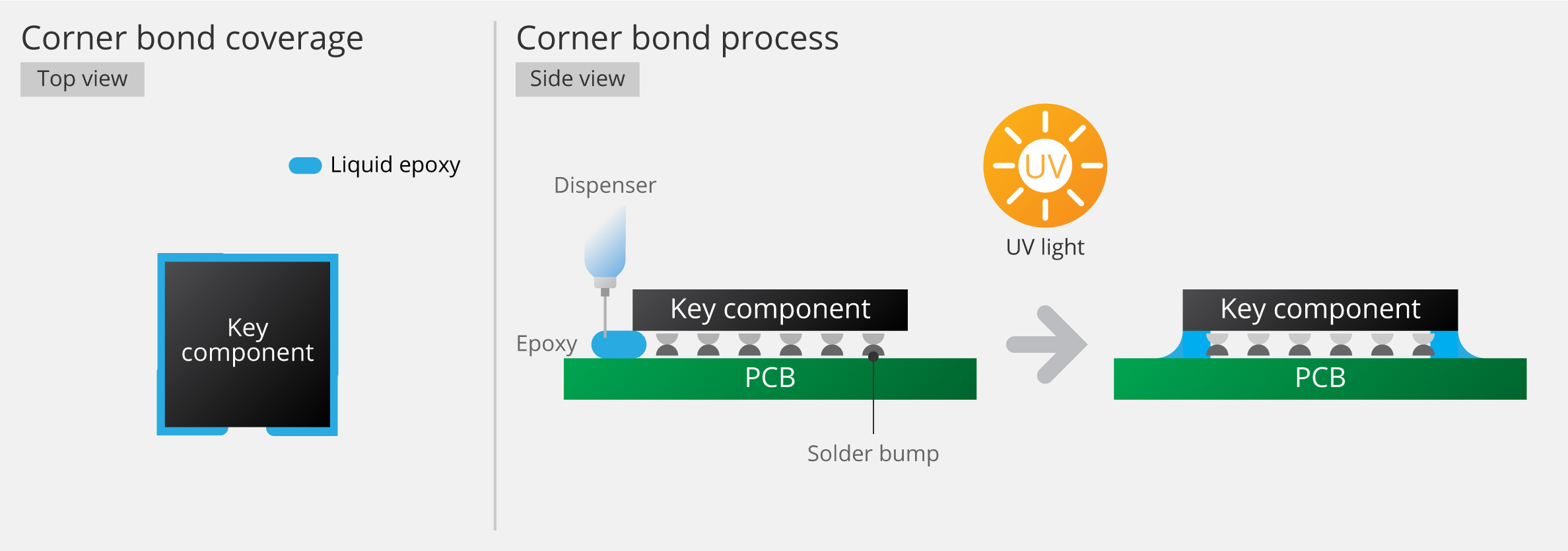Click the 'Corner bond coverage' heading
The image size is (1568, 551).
coord(192,38)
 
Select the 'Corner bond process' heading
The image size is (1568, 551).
coord(677,38)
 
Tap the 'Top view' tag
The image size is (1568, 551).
coord(83,79)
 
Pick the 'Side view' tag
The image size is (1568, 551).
coord(578,79)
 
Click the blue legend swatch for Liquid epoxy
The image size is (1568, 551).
coord(305,165)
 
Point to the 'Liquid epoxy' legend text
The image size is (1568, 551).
coord(395,165)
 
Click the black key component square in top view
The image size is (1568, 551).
coord(248,344)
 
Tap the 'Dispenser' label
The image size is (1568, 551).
coord(605,186)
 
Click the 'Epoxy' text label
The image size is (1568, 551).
coord(547,344)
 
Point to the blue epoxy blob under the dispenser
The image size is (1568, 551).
coord(619,344)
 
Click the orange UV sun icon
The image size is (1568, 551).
coord(1045,165)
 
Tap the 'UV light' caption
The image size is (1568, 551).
coord(1045,247)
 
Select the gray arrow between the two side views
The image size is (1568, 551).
coord(1047,344)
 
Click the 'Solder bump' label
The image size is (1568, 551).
coord(873,454)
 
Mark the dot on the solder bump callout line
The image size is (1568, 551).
coord(873,357)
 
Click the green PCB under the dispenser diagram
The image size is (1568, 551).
coord(770,379)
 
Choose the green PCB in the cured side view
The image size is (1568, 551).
coord(1320,379)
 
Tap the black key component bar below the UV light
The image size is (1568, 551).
coord(1320,310)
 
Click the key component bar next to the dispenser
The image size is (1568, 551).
coord(770,310)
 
